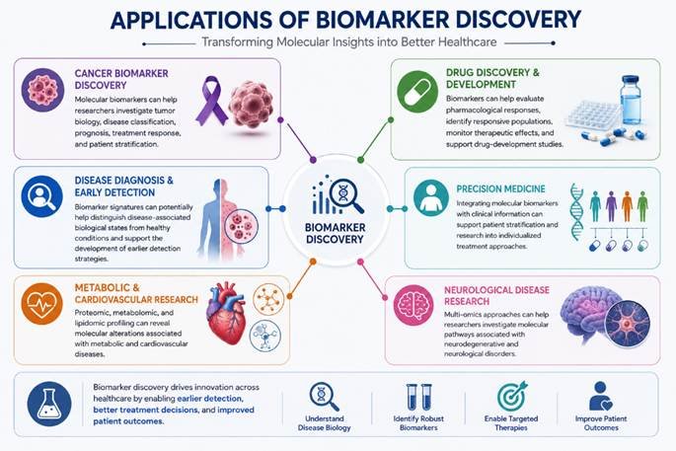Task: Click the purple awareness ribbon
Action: click(x=211, y=101)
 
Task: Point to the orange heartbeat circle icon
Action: click(x=41, y=304)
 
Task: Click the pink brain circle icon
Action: click(x=413, y=305)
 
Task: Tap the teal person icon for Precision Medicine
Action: click(x=430, y=198)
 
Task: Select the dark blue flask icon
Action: click(x=49, y=404)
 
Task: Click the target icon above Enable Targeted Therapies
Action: click(x=511, y=396)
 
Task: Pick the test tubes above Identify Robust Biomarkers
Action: click(x=418, y=397)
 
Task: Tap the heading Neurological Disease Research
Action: click(x=496, y=295)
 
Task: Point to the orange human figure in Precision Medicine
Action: click(x=626, y=206)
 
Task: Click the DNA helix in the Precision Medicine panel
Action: click(x=577, y=211)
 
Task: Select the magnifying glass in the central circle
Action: click(x=346, y=195)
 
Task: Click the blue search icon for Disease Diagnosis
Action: click(x=41, y=196)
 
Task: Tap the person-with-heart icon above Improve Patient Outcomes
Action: click(x=601, y=396)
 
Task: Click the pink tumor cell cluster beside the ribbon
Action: click(x=251, y=104)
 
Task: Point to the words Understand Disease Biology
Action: click(x=325, y=423)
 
